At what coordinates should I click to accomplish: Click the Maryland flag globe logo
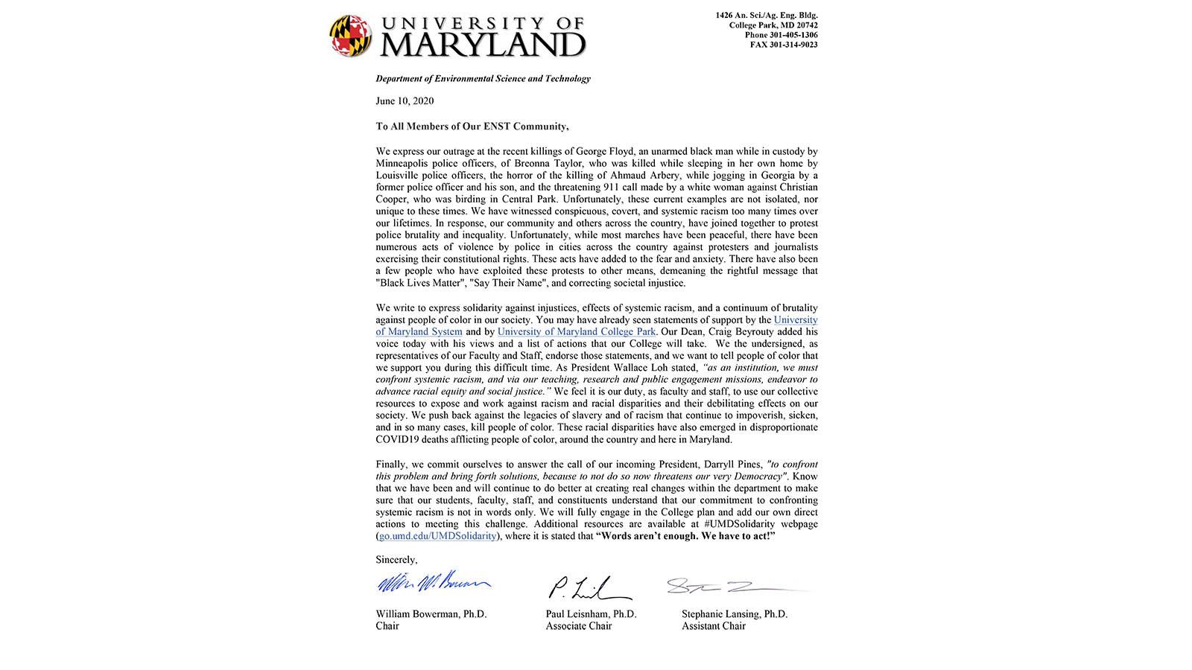point(350,36)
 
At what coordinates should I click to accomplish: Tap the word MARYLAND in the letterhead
point(483,45)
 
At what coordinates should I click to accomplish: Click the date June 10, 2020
point(405,101)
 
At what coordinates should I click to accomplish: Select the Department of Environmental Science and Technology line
point(483,78)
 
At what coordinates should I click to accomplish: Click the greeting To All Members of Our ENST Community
point(472,127)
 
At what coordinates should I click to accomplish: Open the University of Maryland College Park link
point(577,331)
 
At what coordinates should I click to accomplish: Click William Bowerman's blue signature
point(432,584)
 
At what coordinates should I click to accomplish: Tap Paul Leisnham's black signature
point(589,588)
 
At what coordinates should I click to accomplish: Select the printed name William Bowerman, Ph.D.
point(431,614)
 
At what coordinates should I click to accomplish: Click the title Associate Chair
point(578,626)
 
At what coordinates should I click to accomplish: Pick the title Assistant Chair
point(713,626)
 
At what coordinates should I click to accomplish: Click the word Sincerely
point(396,560)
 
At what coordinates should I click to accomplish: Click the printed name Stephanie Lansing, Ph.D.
point(734,614)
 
